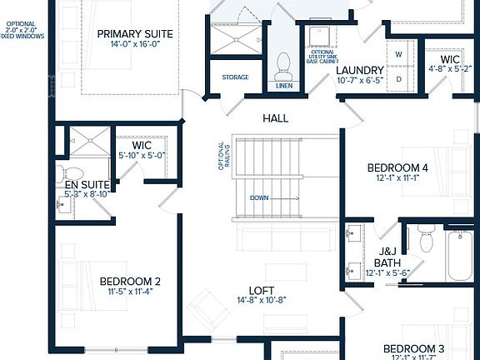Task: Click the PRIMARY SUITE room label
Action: (134, 34)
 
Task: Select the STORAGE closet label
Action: (235, 77)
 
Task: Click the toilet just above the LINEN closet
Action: (282, 62)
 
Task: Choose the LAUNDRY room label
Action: (360, 70)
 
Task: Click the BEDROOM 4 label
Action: (397, 167)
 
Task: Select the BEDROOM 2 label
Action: (130, 281)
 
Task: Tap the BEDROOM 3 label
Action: (413, 348)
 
